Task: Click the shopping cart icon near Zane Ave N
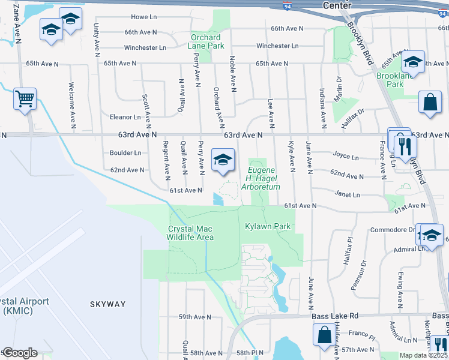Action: click(25, 99)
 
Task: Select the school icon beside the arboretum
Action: click(223, 161)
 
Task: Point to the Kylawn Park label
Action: click(268, 226)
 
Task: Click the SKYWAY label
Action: click(109, 304)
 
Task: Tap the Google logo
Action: click(20, 353)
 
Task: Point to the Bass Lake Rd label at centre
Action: click(334, 316)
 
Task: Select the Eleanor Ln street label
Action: click(125, 117)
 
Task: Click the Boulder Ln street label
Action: click(125, 153)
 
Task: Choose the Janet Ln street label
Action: click(348, 195)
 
